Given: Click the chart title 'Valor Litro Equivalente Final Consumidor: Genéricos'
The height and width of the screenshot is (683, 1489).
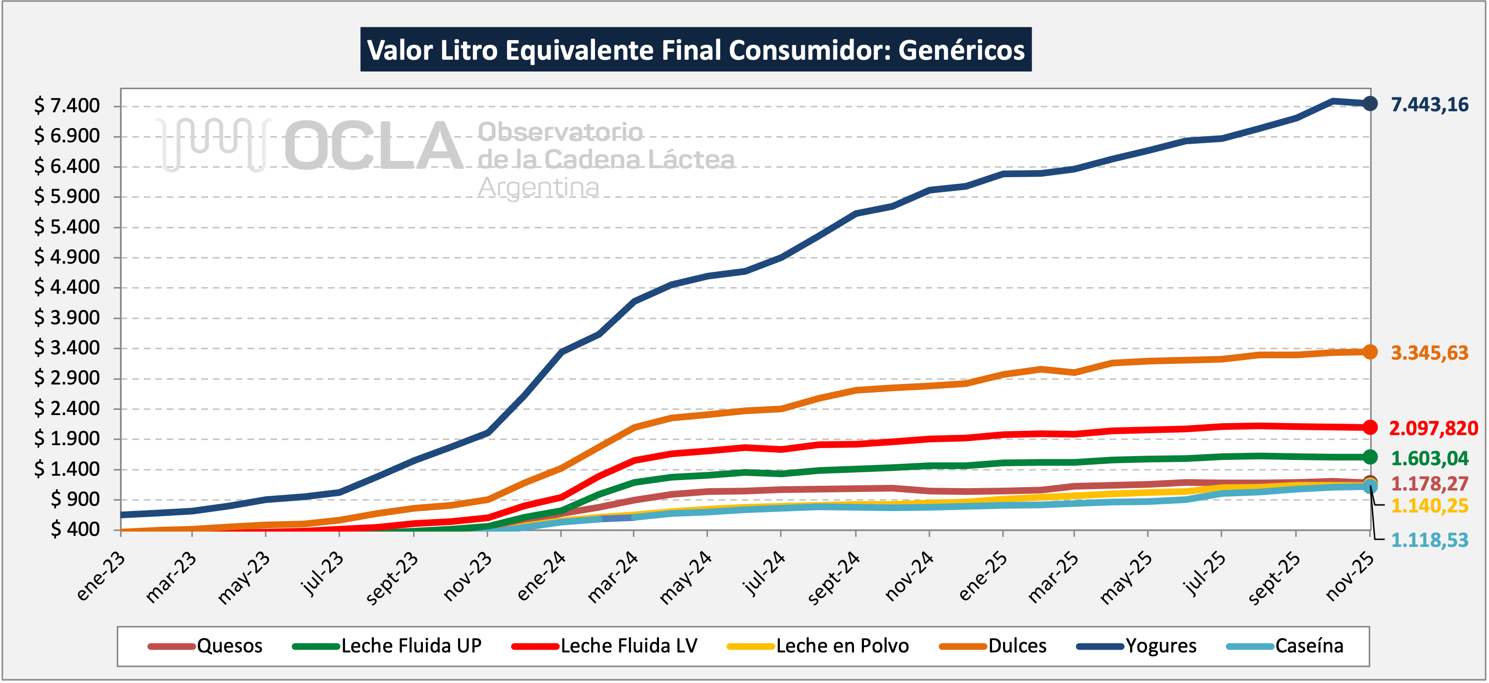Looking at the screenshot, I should pos(695,50).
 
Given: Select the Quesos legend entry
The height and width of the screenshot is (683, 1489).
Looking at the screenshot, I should pos(229,645).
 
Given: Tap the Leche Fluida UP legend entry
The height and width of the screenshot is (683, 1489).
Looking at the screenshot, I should pos(410,645).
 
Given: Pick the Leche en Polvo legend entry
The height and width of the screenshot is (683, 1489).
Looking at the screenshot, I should pos(842,645).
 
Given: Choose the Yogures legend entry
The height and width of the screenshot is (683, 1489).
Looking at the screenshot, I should pos(1160,645).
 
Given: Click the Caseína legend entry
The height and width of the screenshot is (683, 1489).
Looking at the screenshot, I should pos(1309,645).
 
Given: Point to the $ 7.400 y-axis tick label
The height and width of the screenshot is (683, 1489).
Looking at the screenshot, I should pos(66,106).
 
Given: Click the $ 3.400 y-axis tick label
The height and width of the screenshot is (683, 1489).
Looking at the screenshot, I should pos(66,348).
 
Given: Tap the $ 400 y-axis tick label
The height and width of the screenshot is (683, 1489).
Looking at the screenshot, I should pos(75,529).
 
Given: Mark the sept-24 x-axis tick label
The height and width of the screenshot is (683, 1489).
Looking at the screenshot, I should pos(833,578).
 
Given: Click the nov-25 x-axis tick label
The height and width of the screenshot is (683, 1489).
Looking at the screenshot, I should pos(1349,576).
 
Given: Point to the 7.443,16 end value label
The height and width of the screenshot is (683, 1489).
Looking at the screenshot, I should pos(1429,105).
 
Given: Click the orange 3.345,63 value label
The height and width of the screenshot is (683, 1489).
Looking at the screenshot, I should pos(1429,352).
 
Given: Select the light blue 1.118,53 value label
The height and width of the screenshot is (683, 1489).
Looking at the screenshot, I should pos(1429,540).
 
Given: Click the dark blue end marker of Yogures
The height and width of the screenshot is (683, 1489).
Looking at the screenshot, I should pos(1370,104).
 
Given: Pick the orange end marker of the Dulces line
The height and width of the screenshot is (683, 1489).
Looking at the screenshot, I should pos(1370,352).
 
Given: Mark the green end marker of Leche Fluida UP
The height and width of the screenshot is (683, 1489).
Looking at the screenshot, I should pos(1370,457).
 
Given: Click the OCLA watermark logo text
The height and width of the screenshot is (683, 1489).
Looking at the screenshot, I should pos(373,146).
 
